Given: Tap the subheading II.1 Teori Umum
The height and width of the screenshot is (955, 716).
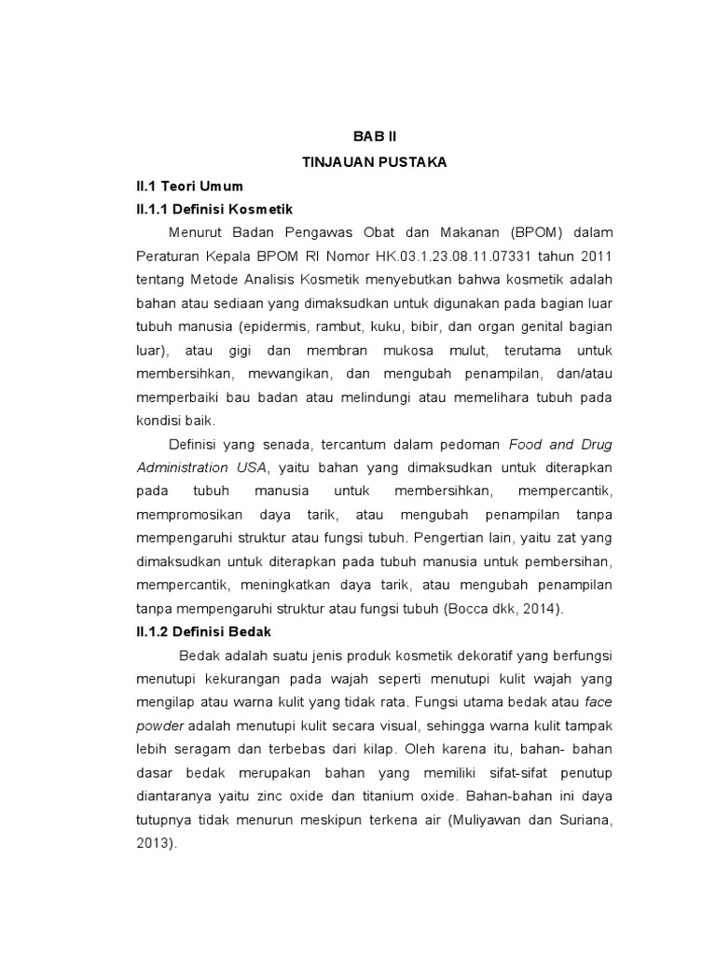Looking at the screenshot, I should coord(189,186).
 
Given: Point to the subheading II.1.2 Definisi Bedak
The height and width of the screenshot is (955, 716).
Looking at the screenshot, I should coord(204,631).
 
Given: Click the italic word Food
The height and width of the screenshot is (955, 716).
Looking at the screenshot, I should coord(526,444).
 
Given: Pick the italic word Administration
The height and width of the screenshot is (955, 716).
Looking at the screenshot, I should coord(182,467).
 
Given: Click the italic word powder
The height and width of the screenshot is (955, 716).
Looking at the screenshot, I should coord(160,726).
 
